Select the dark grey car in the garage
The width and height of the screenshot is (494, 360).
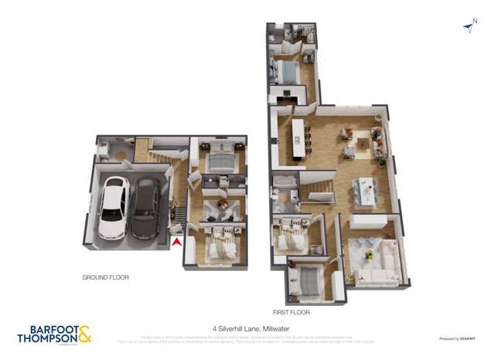[x=145, y=209]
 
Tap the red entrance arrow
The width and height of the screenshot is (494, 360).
[x=177, y=243]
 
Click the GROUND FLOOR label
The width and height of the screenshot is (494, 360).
[x=106, y=277]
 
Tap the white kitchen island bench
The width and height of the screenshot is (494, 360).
[x=295, y=141]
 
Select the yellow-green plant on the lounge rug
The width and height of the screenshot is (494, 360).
[x=370, y=254]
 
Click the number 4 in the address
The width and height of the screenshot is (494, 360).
[x=213, y=328]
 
